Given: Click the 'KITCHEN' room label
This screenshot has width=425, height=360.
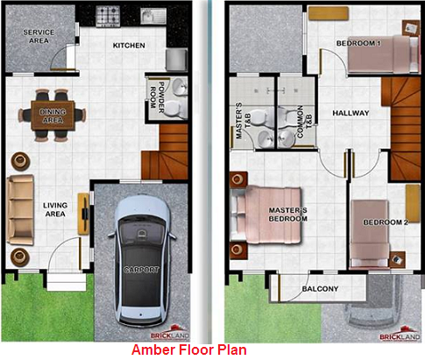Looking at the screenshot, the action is coord(129,46).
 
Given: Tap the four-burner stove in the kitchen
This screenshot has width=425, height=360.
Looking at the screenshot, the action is coord(108,17).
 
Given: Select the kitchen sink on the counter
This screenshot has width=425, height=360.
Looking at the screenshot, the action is coord(153,16).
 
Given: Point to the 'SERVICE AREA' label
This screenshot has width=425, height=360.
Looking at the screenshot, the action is coord(39,37).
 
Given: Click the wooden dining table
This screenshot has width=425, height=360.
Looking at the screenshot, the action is coord(53,116).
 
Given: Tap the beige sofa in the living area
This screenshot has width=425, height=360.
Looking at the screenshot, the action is coord(20,210).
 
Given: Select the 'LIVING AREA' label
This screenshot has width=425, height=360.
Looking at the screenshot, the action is coord(55,209).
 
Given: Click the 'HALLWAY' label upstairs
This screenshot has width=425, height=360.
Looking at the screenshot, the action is coord(351,113).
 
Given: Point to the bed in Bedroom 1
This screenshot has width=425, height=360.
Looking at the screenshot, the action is coord(383,54).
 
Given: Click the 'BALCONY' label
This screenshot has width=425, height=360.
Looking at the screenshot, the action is coord(320,289).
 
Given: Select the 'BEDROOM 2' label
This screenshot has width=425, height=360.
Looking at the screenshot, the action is coord(386,222).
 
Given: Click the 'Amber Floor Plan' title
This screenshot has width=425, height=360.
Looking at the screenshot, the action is coord(189,349).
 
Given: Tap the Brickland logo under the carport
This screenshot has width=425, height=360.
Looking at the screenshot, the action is coord(170,333).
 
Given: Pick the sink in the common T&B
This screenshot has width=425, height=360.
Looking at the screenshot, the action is coord(286,138).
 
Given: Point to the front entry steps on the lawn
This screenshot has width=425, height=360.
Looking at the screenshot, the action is coord(67,281).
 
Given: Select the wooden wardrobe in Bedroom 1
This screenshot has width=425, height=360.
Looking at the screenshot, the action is coord(329,13).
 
